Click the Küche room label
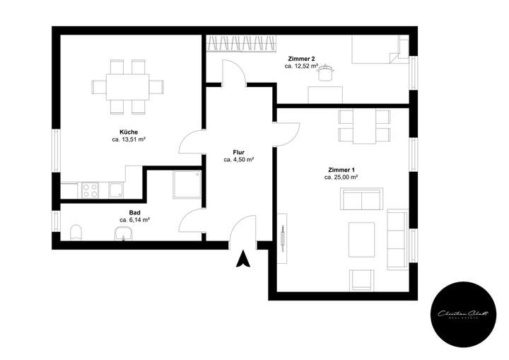(x=129, y=132)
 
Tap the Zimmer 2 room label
(x=303, y=57)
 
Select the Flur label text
(x=238, y=151)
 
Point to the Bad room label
(x=134, y=212)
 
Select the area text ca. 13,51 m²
(x=129, y=140)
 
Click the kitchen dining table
(x=128, y=87)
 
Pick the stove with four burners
(x=91, y=190)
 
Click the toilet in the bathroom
(x=77, y=232)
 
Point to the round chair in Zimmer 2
(x=326, y=73)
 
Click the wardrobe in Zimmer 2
(x=241, y=44)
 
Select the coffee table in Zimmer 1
(x=362, y=239)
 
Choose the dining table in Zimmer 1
(x=364, y=126)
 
